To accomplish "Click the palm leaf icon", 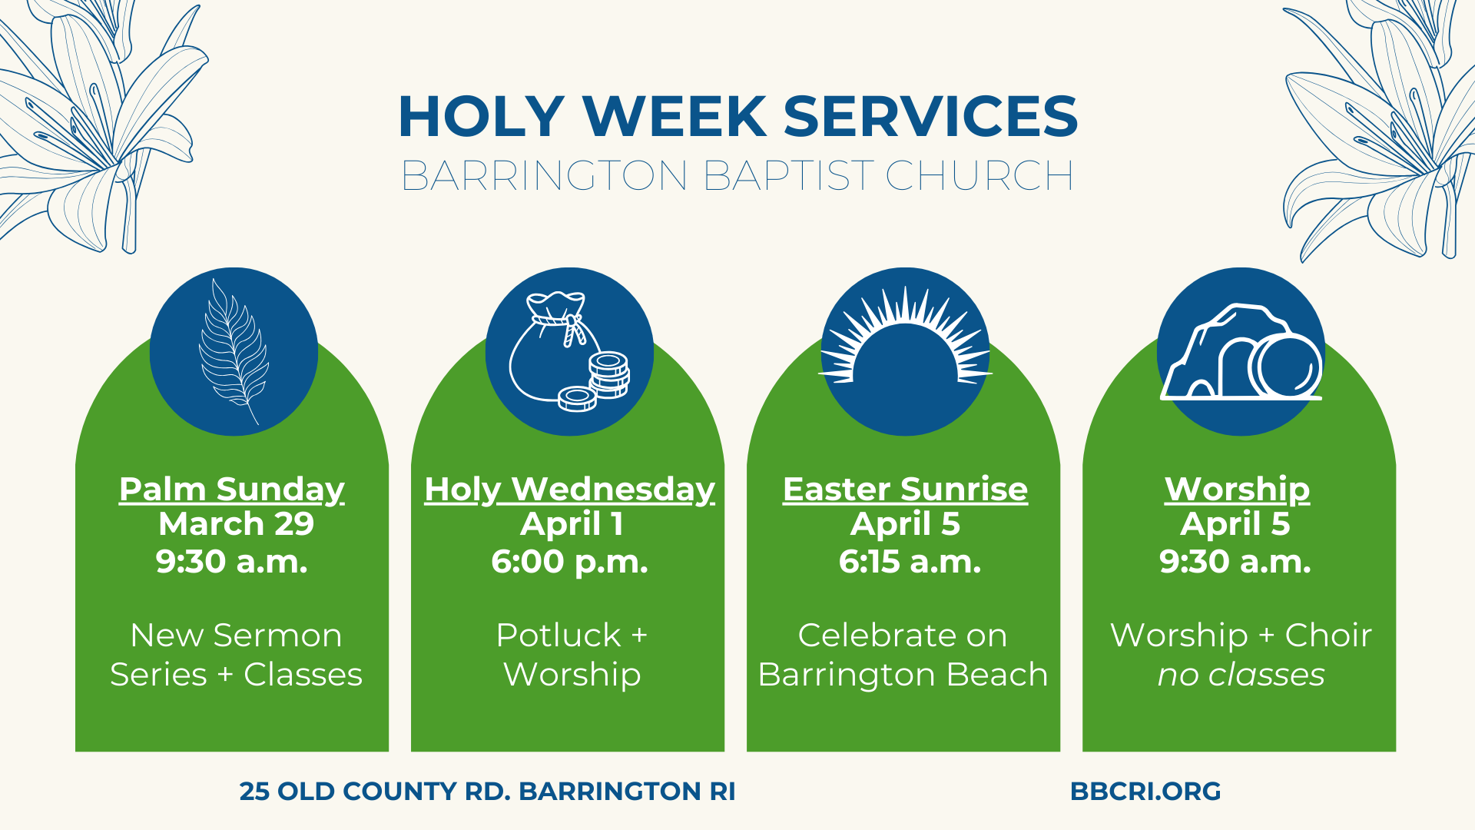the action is pyautogui.click(x=234, y=351).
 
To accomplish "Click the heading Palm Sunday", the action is pyautogui.click(x=232, y=490).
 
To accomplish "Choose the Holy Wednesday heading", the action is pyautogui.click(x=569, y=490).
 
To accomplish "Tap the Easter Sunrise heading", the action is pyautogui.click(x=905, y=489).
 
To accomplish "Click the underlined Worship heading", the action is pyautogui.click(x=1237, y=490).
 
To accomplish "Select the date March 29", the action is pyautogui.click(x=236, y=524).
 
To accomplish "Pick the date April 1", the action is pyautogui.click(x=572, y=525).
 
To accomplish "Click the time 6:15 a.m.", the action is pyautogui.click(x=910, y=562).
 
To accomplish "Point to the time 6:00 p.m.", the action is pyautogui.click(x=569, y=563).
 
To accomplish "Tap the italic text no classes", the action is pyautogui.click(x=1241, y=675).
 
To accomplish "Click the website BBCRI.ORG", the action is pyautogui.click(x=1145, y=791).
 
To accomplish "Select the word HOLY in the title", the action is pyautogui.click(x=482, y=117).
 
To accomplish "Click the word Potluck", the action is pyautogui.click(x=559, y=636).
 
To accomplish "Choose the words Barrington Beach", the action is pyautogui.click(x=903, y=675).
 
